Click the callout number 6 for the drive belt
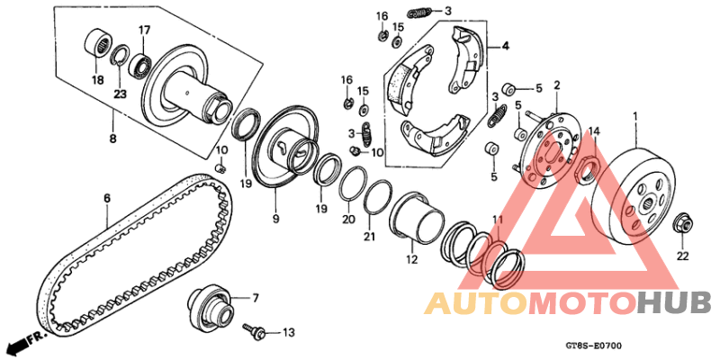tap(106, 198)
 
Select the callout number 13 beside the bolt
tap(288, 333)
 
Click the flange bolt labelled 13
tap(255, 332)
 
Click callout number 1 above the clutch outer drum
tap(635, 117)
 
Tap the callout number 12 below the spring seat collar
tap(411, 261)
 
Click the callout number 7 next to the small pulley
tap(255, 297)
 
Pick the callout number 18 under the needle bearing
tap(96, 80)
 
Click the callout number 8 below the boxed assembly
tap(112, 139)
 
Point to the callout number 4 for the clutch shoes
tap(505, 46)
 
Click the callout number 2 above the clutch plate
tap(557, 85)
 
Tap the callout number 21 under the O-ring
tap(368, 237)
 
